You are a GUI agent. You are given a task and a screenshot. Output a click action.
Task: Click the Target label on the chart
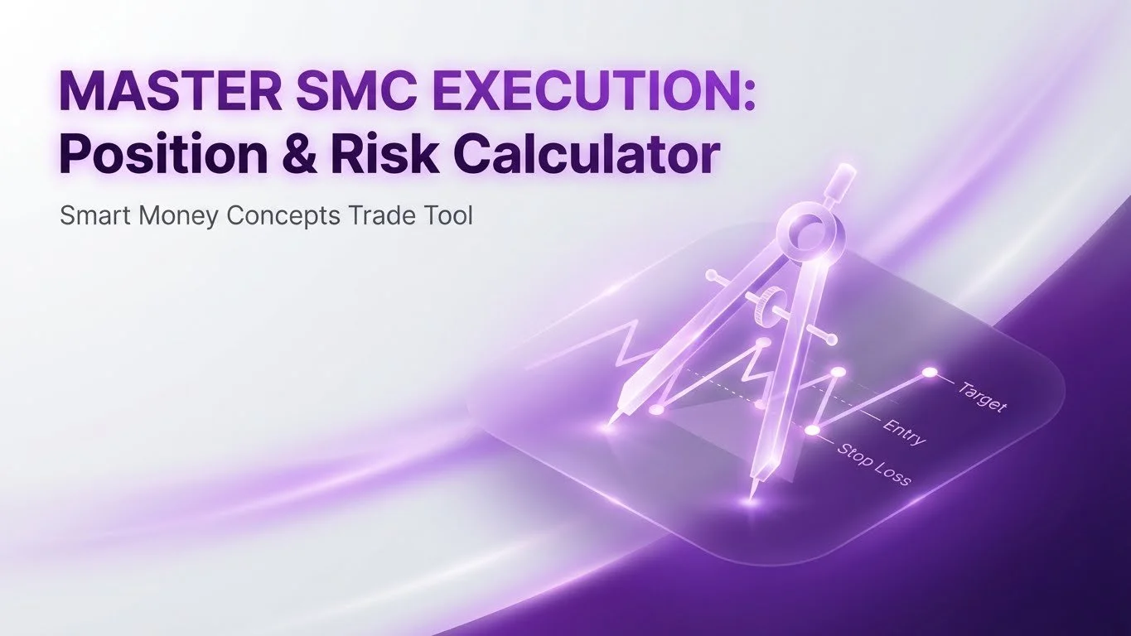[x=981, y=396]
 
